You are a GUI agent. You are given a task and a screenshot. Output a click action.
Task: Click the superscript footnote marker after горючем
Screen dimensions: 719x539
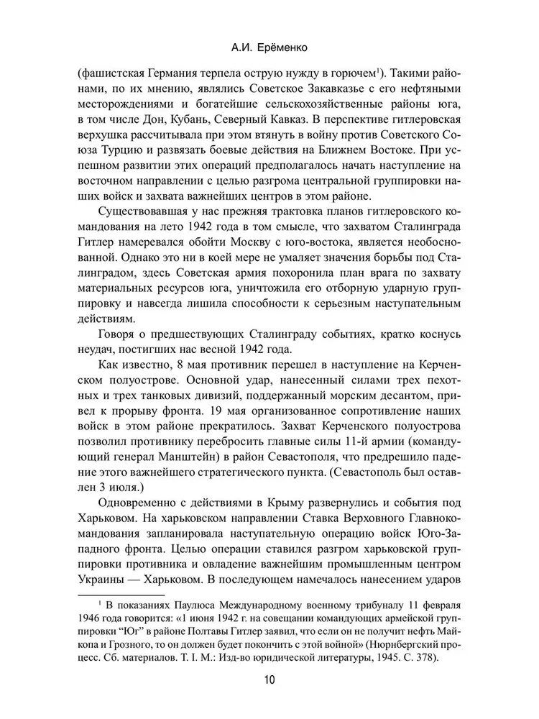coord(379,70)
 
